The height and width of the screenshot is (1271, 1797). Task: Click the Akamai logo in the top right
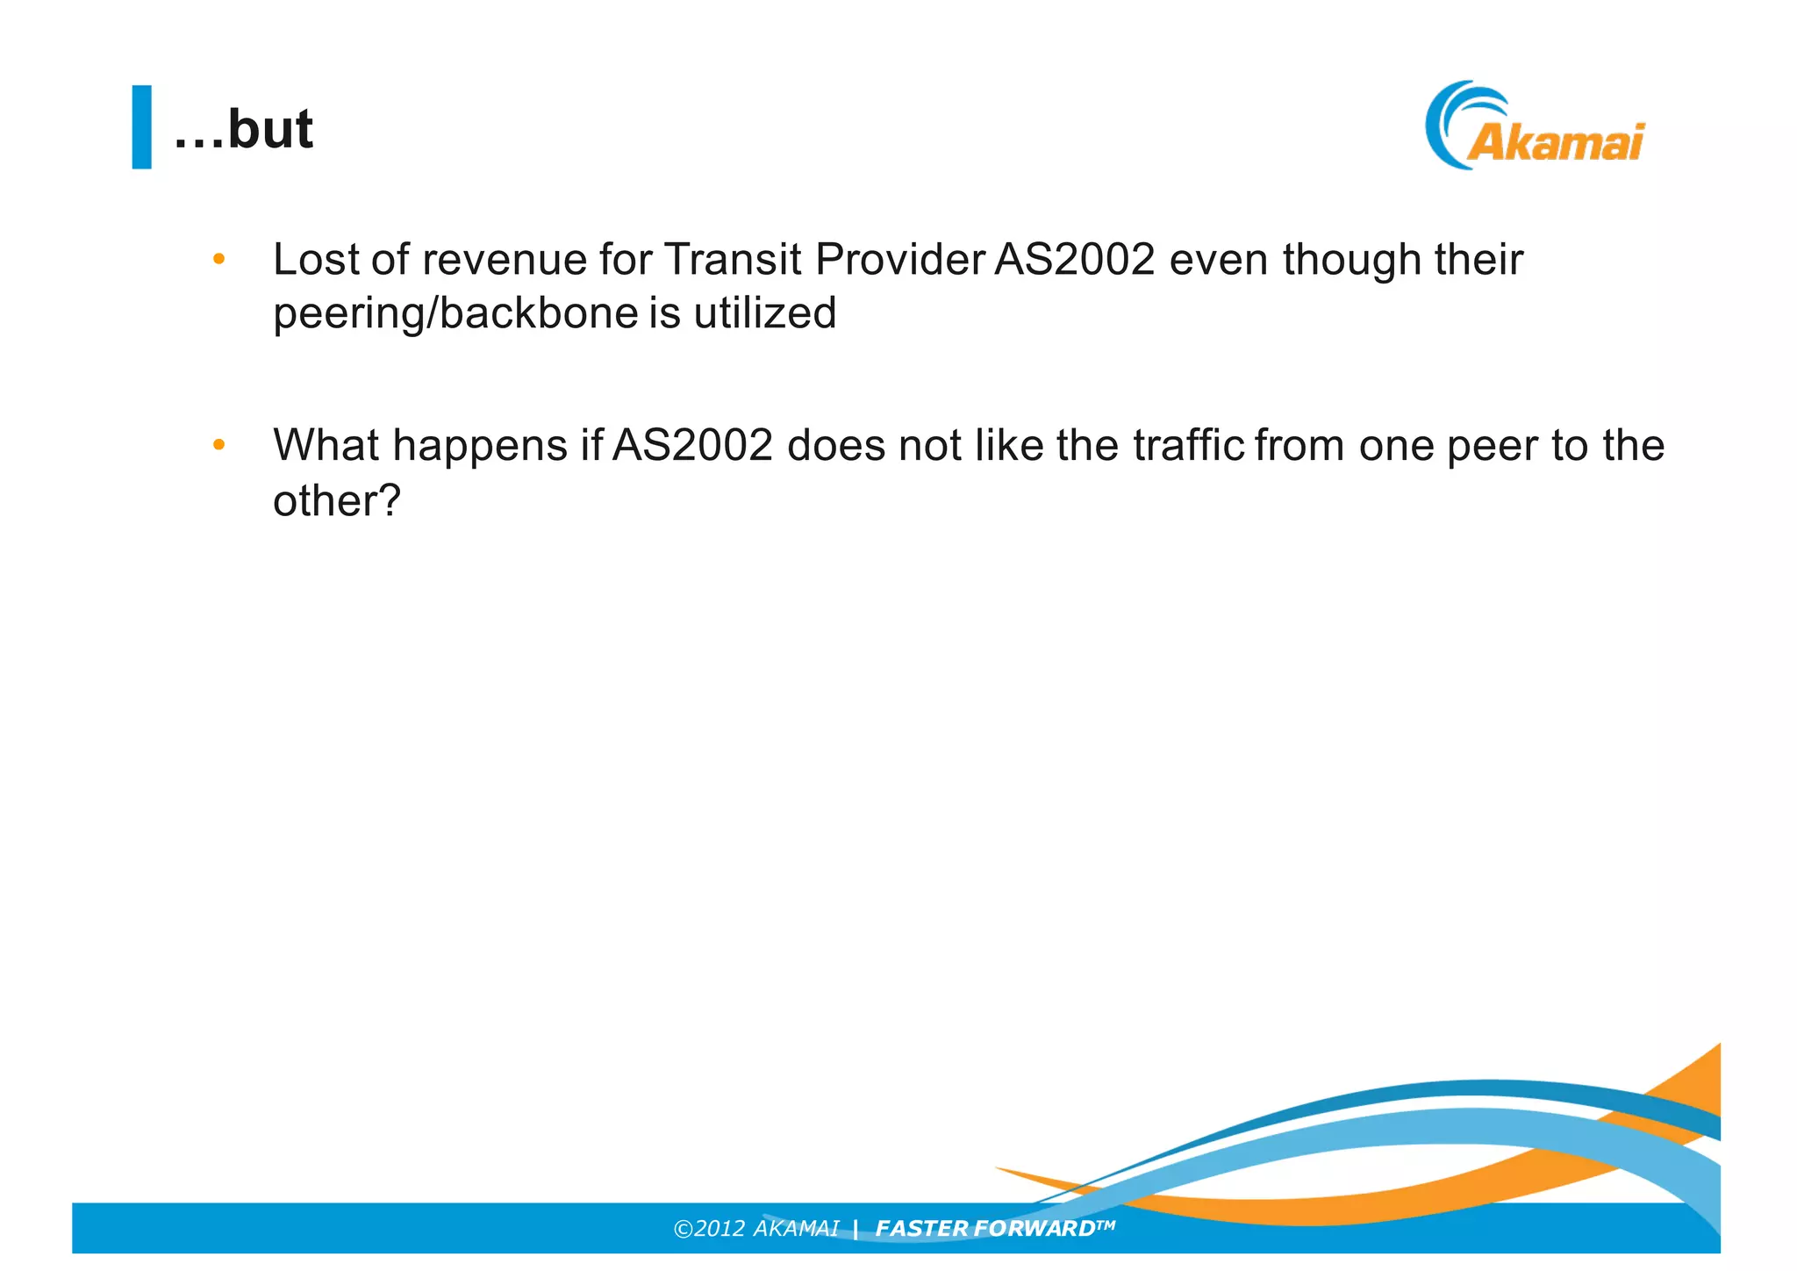click(x=1536, y=127)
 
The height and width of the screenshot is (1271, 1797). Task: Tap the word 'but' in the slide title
click(x=270, y=129)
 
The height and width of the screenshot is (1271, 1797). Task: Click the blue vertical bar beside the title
click(x=141, y=126)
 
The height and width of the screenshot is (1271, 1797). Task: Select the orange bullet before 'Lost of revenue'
click(x=218, y=259)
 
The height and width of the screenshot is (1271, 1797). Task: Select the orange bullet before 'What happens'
click(x=218, y=445)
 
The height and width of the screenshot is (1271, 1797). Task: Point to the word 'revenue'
click(x=504, y=260)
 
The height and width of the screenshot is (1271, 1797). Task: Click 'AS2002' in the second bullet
click(x=692, y=446)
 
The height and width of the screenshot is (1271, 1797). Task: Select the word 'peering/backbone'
click(x=455, y=313)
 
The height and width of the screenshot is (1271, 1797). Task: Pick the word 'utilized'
click(x=764, y=313)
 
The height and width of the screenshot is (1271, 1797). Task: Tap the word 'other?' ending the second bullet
click(x=336, y=500)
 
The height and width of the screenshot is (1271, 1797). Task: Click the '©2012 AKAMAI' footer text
click(x=755, y=1228)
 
